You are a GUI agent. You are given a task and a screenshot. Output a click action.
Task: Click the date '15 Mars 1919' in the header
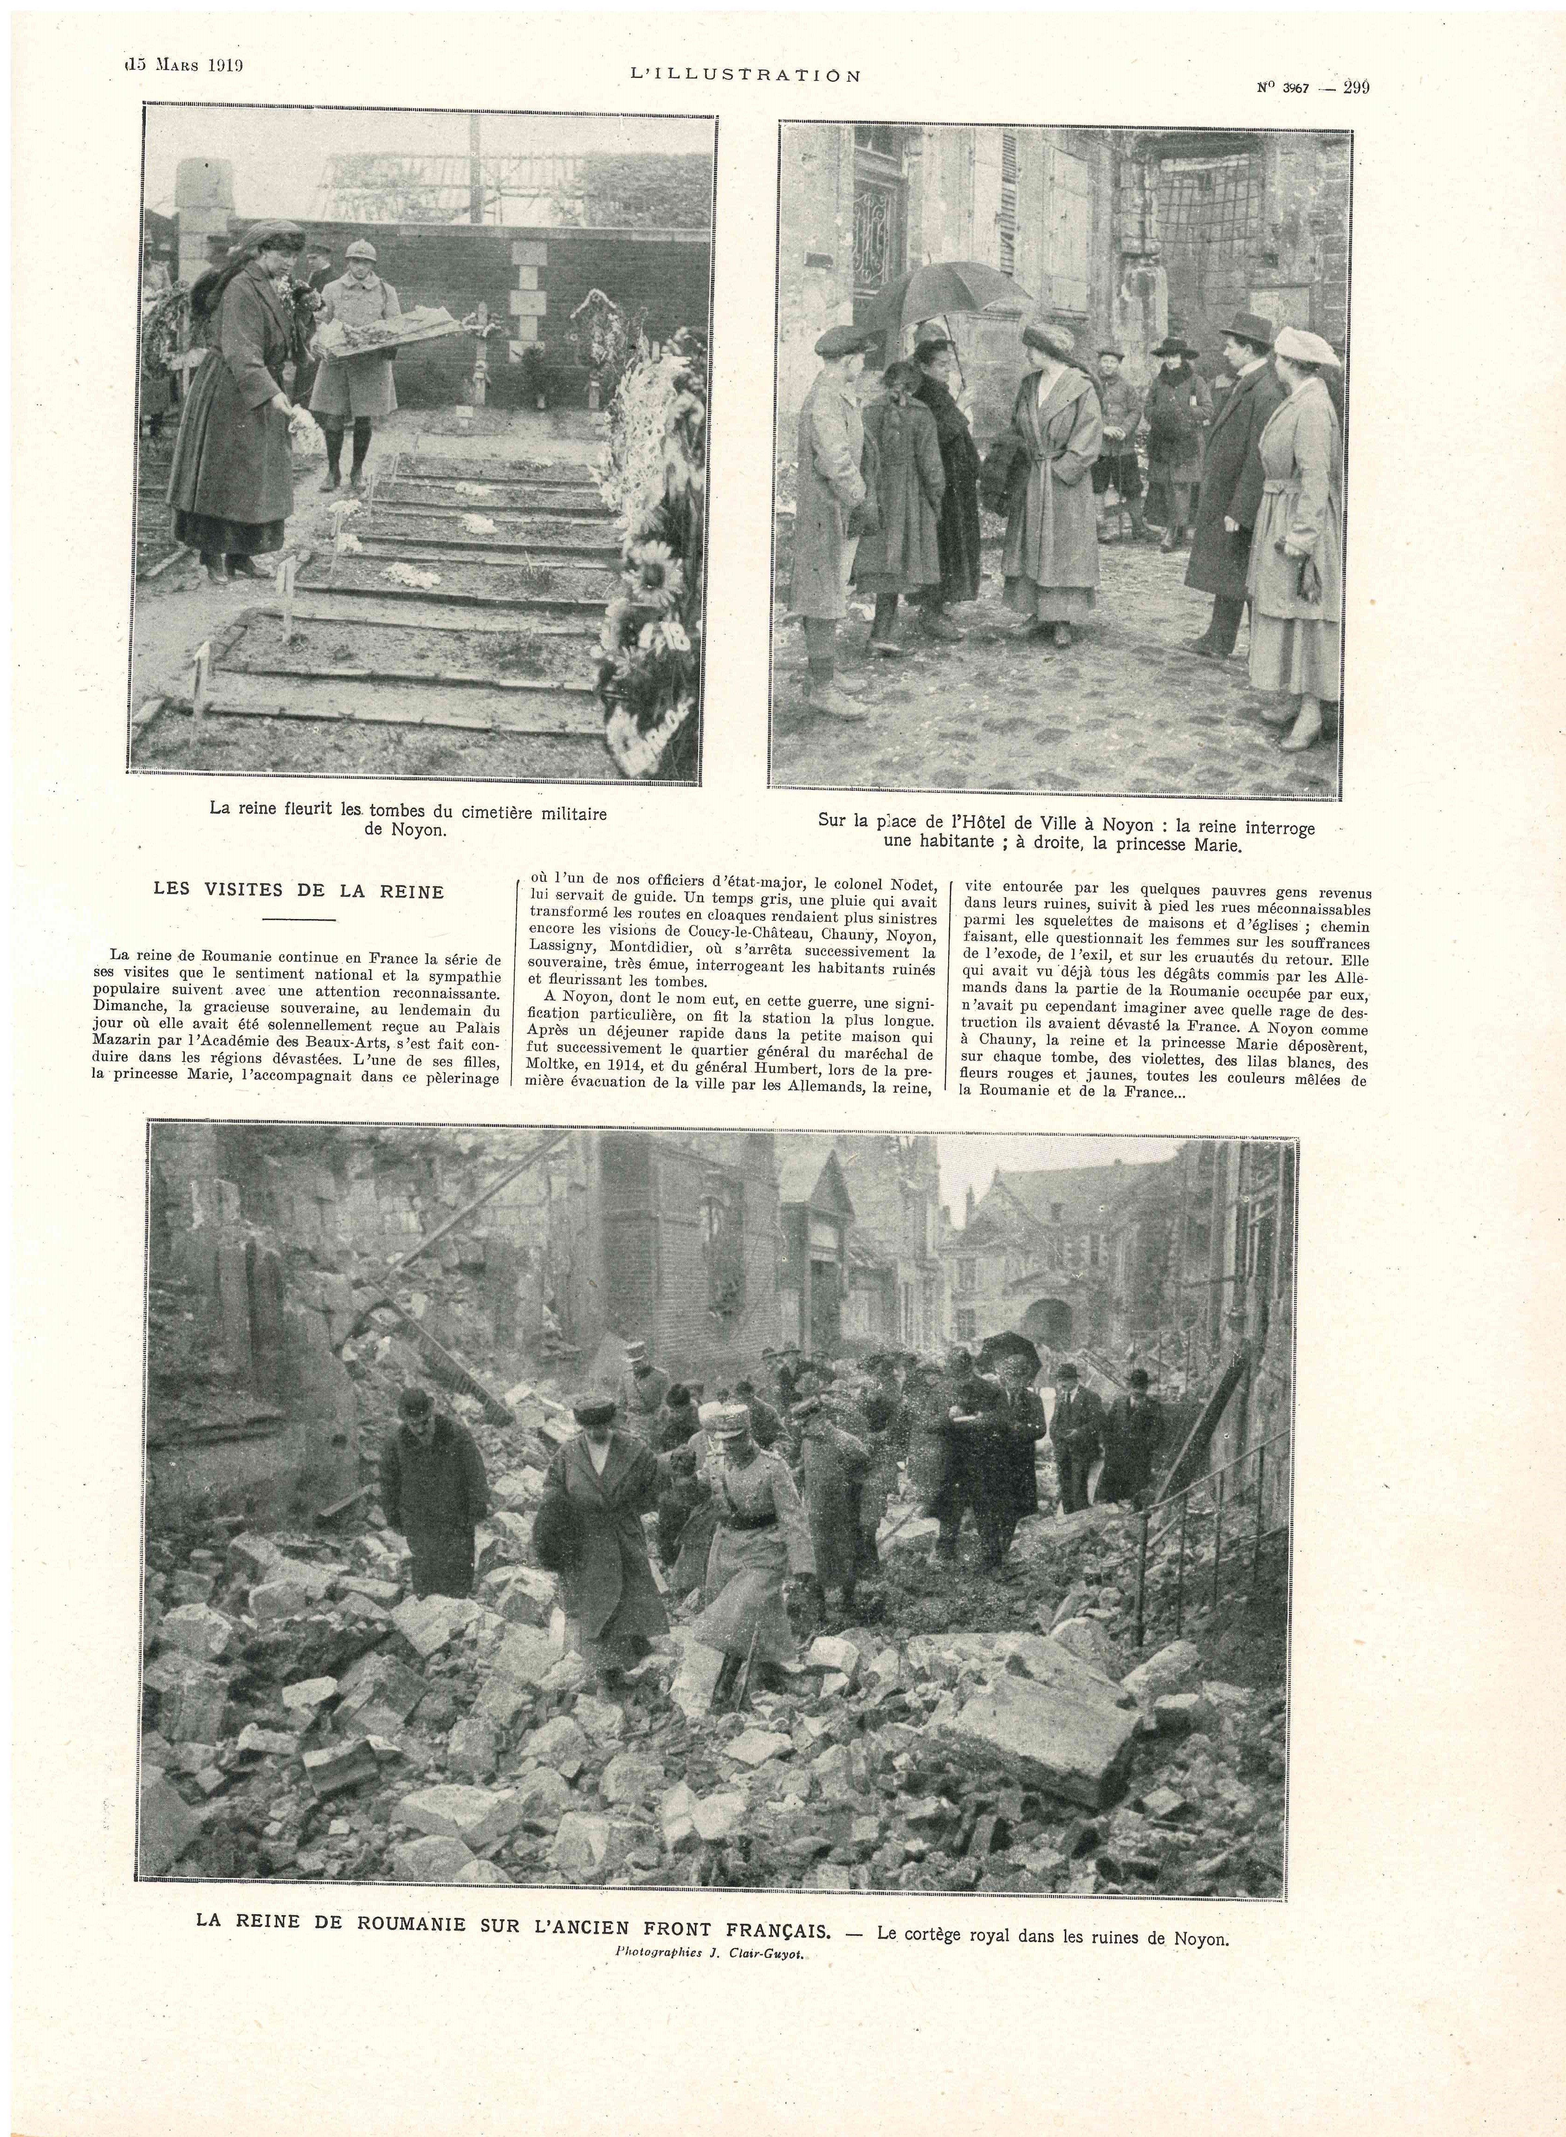tap(185, 65)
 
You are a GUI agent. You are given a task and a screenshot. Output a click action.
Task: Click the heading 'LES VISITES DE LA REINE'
tap(298, 891)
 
